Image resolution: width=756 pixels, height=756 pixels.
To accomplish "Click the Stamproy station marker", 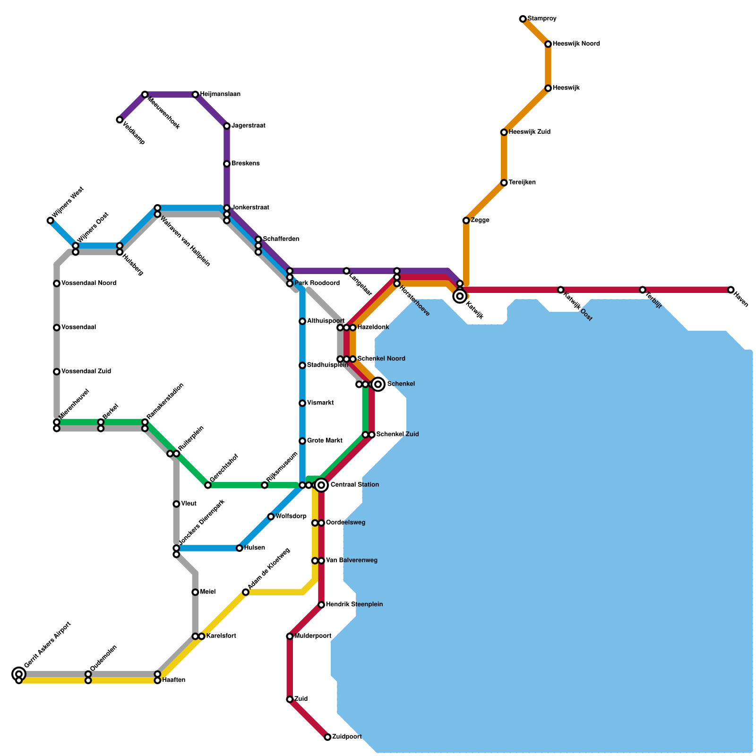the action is coord(523,19).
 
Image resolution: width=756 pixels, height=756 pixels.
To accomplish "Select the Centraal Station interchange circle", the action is coord(321,485).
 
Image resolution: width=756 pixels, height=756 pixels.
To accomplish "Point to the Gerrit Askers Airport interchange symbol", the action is coord(19,674).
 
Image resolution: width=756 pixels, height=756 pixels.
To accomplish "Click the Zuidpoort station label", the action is coord(347,737).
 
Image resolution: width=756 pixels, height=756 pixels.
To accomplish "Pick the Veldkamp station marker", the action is coord(120,120).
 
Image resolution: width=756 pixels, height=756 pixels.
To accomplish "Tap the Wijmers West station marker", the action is coord(50,221).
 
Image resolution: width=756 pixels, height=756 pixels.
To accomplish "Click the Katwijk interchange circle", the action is coord(460,296).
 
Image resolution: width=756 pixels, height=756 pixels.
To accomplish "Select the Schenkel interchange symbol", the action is coord(378,384).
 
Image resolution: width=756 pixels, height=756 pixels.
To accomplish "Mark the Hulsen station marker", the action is coord(240,548).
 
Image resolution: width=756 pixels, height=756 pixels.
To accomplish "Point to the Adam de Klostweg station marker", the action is coord(246,592).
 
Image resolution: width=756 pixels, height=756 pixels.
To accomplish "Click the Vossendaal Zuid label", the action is coord(86,371).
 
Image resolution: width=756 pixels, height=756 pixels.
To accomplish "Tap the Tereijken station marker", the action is coord(504,183).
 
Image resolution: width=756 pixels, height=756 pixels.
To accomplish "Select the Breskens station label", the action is coord(245,163).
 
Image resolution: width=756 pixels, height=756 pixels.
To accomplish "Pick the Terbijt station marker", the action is coord(643,290).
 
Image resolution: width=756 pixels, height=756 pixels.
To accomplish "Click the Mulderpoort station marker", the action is coord(290,636).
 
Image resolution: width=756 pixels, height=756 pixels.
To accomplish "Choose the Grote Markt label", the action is coord(325,441).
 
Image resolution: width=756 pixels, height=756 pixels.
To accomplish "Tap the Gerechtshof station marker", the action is coord(208,485).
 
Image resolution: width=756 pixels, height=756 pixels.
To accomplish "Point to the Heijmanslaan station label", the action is coord(220,94).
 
